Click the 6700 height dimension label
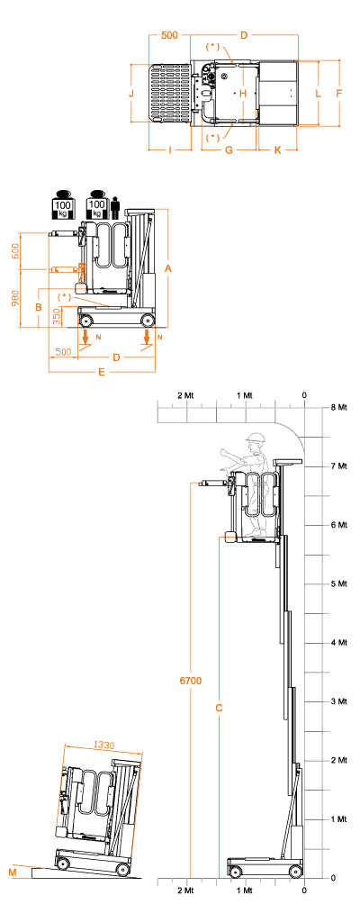190,681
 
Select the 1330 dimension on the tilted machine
103,746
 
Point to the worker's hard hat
255,438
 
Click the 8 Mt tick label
338,407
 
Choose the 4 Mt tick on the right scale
338,642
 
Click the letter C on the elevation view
219,708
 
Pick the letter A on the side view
169,268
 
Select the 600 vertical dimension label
15,250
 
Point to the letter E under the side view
102,373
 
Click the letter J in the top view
131,93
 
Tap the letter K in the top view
277,150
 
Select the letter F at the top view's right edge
339,93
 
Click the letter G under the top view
229,150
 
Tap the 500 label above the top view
169,36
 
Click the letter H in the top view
242,93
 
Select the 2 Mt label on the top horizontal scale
186,395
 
